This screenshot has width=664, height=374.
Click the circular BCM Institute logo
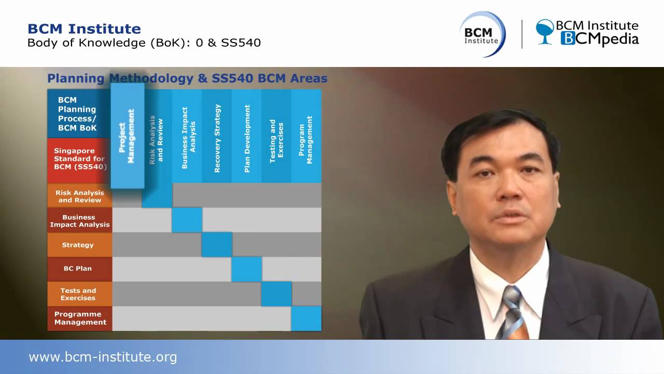coord(482,34)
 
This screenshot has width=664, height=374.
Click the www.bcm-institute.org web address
coord(103,357)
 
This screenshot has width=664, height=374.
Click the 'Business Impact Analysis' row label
coord(79,221)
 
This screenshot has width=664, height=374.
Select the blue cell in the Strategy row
coord(217,245)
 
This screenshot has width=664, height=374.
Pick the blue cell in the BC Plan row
coord(246,269)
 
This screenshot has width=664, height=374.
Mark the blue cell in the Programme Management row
coord(306,318)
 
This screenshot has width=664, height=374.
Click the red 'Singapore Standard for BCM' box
coord(79,159)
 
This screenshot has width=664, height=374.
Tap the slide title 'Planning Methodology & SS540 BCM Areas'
coord(187,78)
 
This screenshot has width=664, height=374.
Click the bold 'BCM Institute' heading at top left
coord(84,29)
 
